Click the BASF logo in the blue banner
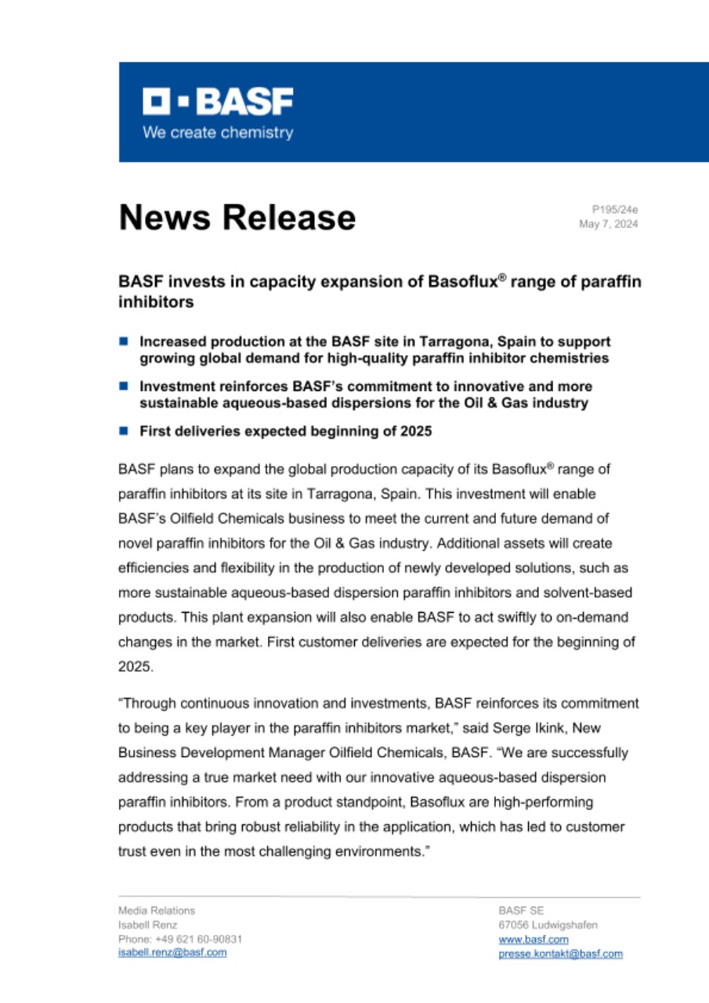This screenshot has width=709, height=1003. pos(218,102)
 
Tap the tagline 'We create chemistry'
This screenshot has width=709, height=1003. pos(218,132)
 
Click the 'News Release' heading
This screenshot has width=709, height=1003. pos(237,218)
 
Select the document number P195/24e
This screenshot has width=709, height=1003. pos(615,209)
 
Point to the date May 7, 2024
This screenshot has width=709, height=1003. pos(609,224)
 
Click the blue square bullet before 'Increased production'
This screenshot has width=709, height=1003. pos(123,342)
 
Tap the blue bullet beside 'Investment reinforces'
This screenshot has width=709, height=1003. pos(123,386)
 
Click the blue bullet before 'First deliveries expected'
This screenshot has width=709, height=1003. pos(123,431)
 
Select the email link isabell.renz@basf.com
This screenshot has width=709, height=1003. pos(172,952)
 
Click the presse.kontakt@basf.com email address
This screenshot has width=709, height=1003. pos(560,953)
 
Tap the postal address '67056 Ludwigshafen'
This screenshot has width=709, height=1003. pos(548,925)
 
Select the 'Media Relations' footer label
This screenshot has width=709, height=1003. pos(157,911)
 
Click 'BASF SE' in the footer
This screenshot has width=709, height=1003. pos(521,911)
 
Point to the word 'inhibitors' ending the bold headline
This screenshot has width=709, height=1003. pos(156,301)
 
